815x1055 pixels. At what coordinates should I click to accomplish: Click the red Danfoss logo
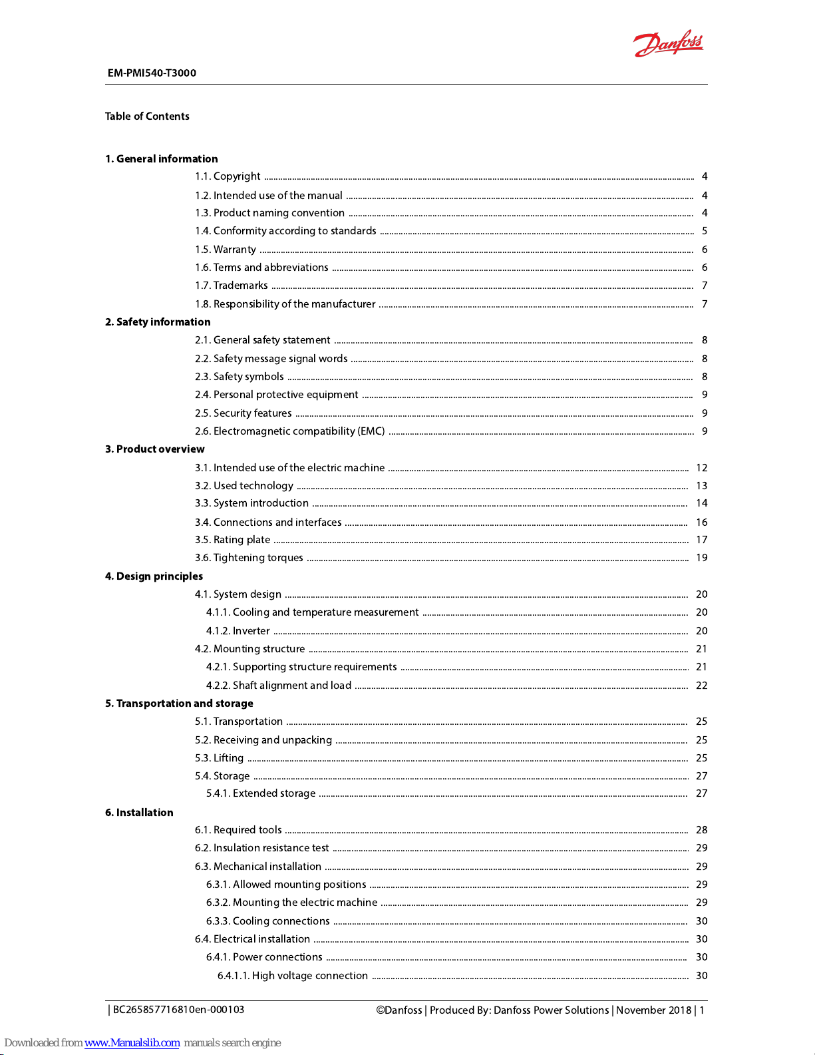point(668,45)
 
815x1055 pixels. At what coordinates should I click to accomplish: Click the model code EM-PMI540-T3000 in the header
point(152,73)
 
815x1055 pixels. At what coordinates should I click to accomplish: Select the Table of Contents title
point(147,116)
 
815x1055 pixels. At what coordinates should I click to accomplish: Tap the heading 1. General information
point(161,159)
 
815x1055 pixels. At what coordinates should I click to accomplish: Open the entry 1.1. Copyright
point(228,176)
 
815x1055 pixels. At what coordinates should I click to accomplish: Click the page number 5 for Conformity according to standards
point(705,231)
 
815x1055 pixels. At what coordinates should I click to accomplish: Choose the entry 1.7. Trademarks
point(231,286)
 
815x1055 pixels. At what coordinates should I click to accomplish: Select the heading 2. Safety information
point(158,322)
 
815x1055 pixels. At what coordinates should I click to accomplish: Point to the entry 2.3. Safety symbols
point(239,377)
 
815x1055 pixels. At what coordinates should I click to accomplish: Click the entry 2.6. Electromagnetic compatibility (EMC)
point(289,431)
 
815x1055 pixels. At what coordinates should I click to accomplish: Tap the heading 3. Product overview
point(154,449)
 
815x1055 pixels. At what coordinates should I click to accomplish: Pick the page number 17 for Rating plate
point(701,540)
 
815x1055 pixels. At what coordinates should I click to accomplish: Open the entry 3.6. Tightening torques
point(249,558)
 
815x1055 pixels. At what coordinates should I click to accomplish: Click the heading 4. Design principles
point(154,576)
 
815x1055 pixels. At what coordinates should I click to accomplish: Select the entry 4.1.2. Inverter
point(238,631)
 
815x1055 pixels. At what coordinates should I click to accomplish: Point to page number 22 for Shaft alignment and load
point(701,686)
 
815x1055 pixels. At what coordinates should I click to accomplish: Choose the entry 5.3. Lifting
point(219,758)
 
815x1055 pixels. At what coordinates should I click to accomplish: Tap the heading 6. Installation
point(139,813)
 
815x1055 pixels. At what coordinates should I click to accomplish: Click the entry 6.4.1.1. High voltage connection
point(292,976)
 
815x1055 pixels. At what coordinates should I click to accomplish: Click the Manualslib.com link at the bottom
point(132,1043)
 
